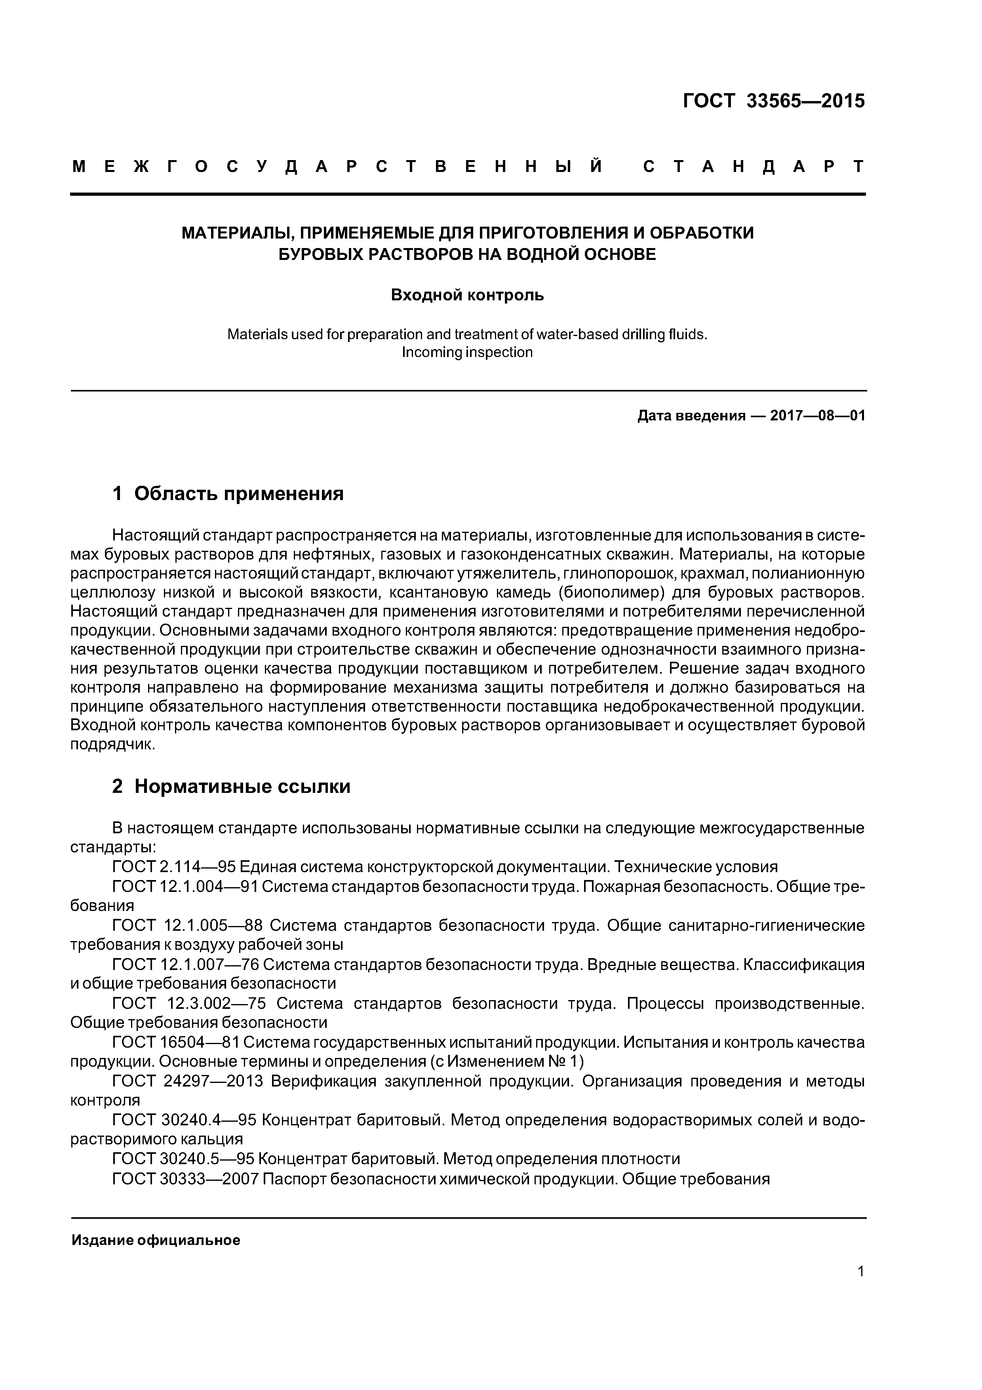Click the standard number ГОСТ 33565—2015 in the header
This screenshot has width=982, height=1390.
[x=773, y=101]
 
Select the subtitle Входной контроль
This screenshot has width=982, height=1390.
[x=467, y=296]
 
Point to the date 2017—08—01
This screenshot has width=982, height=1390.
[x=817, y=416]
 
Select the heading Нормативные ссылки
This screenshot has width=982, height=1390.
[x=242, y=787]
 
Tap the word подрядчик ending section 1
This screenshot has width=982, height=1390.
[x=112, y=745]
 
